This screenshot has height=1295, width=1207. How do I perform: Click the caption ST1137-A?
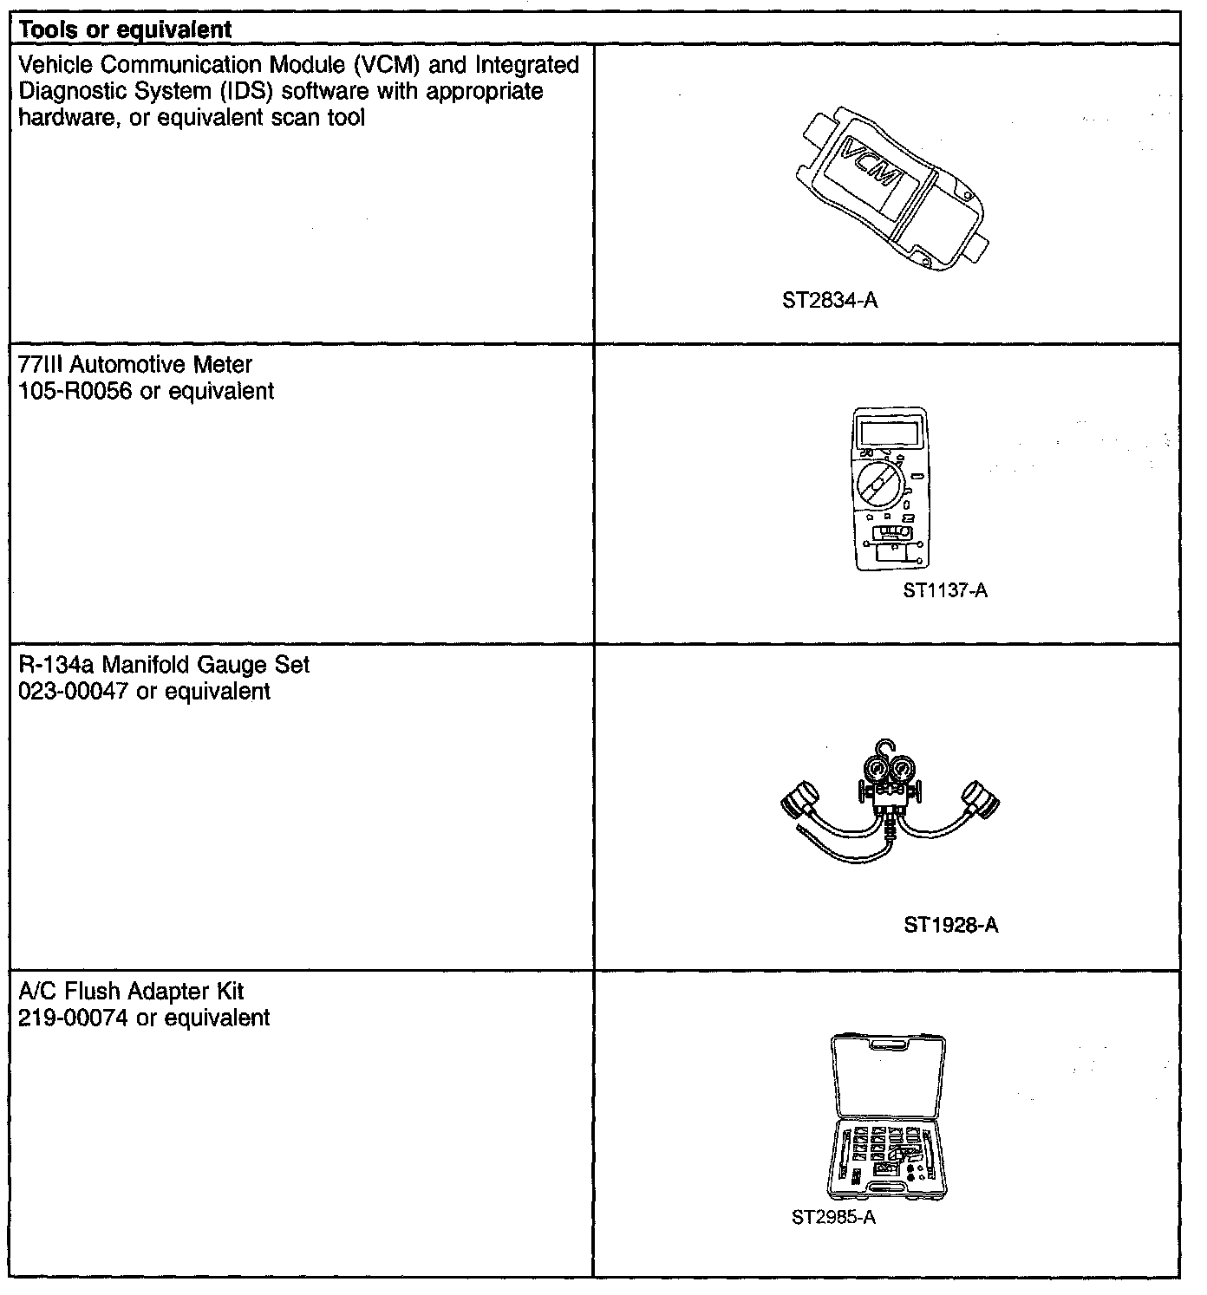[945, 591]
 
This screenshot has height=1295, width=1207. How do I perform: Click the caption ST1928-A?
[951, 926]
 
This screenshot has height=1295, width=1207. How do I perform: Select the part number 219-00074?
[74, 1018]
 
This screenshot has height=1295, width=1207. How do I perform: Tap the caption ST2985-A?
[833, 1218]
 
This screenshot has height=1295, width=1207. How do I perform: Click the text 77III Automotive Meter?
[135, 365]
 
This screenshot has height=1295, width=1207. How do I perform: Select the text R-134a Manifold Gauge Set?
[164, 665]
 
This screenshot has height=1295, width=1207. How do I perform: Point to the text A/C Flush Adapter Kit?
[132, 991]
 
